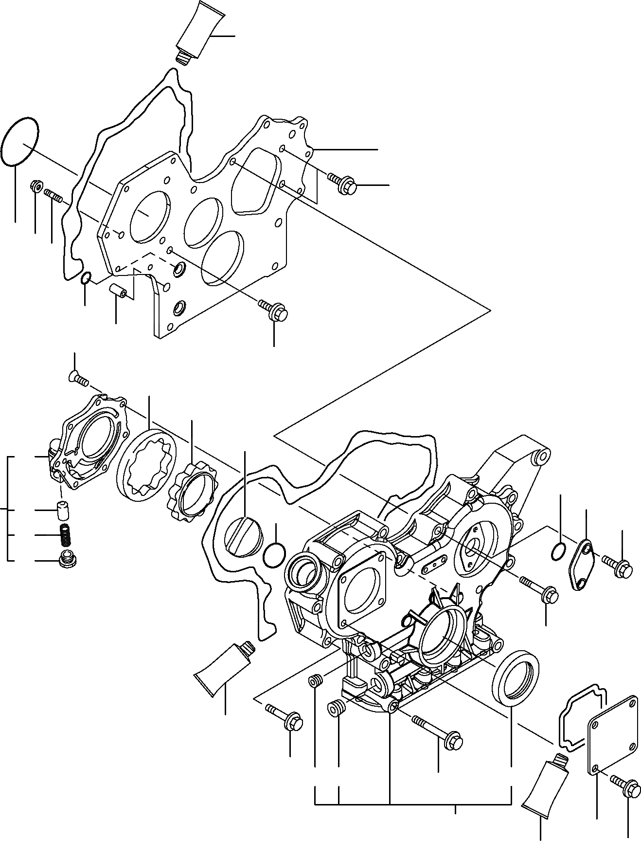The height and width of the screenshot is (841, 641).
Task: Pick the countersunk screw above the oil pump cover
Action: (x=78, y=378)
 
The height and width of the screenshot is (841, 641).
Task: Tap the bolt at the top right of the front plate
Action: (x=343, y=182)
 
